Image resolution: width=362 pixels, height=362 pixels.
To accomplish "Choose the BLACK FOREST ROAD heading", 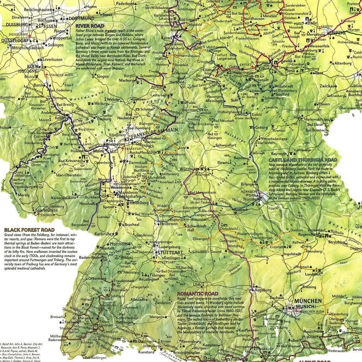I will (x=29, y=230).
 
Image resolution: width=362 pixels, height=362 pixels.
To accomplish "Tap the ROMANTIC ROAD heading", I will (x=197, y=294).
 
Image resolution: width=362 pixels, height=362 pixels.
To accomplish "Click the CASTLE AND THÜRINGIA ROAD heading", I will (x=303, y=159).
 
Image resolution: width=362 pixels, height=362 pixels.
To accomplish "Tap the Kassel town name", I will (x=167, y=38).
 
